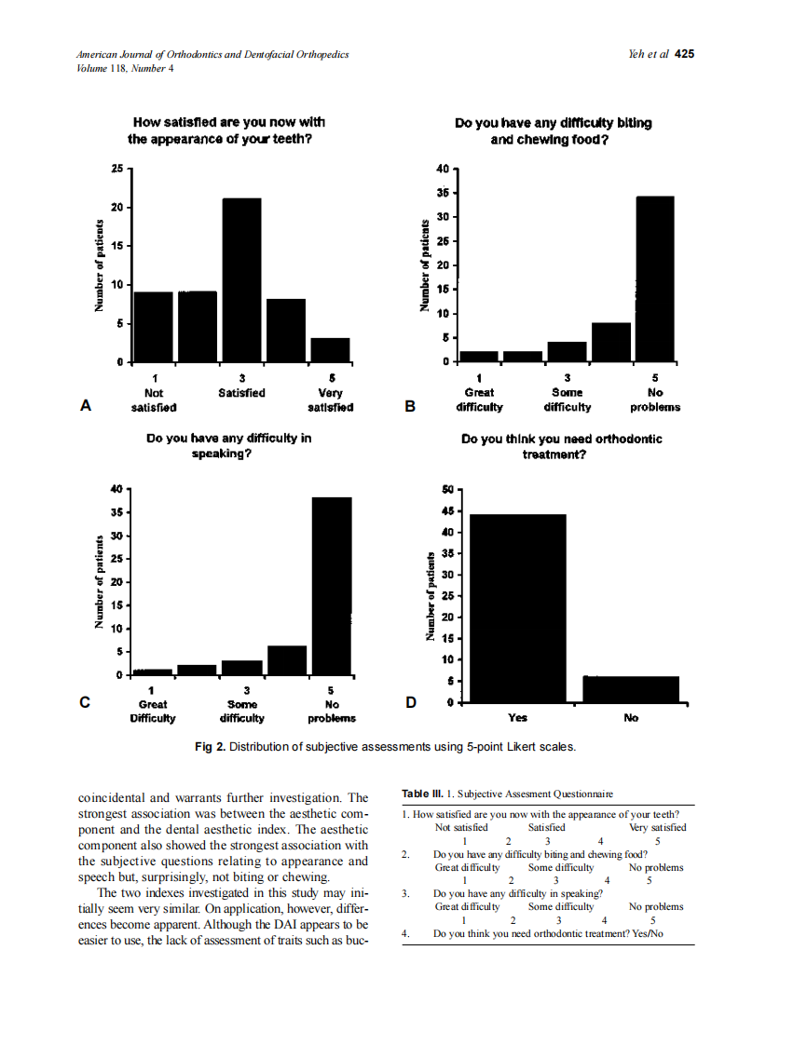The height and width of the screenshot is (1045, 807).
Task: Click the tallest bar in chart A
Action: [241, 279]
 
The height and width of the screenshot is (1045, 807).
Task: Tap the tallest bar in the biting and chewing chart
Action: [654, 278]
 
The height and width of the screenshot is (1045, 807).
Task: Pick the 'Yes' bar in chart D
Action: [517, 607]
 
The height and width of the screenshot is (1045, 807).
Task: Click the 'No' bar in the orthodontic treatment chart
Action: [631, 688]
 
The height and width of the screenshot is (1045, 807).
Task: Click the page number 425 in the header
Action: [685, 54]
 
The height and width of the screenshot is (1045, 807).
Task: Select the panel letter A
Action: [86, 405]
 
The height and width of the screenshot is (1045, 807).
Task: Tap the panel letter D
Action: [410, 702]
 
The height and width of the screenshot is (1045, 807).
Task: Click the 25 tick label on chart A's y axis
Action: [116, 169]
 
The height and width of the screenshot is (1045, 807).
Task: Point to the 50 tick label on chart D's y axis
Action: [447, 489]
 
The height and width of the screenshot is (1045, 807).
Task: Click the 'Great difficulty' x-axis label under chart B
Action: [479, 400]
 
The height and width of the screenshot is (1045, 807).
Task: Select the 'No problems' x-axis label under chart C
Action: [331, 712]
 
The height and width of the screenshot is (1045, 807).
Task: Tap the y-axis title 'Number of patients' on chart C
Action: [98, 582]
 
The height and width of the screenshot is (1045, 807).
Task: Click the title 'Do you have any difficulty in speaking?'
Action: [229, 445]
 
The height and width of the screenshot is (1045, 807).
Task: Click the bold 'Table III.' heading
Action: [421, 794]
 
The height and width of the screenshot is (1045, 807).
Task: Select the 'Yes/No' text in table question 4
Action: [647, 933]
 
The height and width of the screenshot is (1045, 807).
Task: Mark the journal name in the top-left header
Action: [212, 54]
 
